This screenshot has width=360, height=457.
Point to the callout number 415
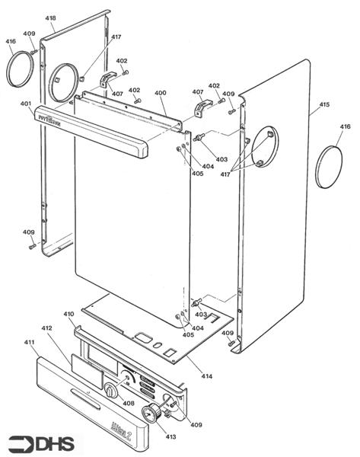[x=324, y=104]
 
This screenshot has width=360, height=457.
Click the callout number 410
[x=68, y=313]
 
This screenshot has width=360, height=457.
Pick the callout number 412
[x=46, y=328]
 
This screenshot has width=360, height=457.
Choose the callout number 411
[x=30, y=344]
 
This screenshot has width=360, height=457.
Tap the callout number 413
[x=170, y=436]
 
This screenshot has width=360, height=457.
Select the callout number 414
[x=206, y=376]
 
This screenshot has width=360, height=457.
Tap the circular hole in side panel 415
[x=264, y=146]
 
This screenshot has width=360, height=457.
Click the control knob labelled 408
[x=111, y=391]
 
